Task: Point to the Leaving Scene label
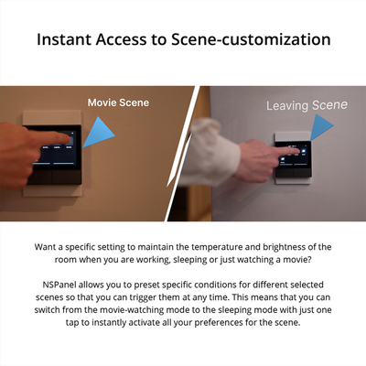point(306,105)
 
